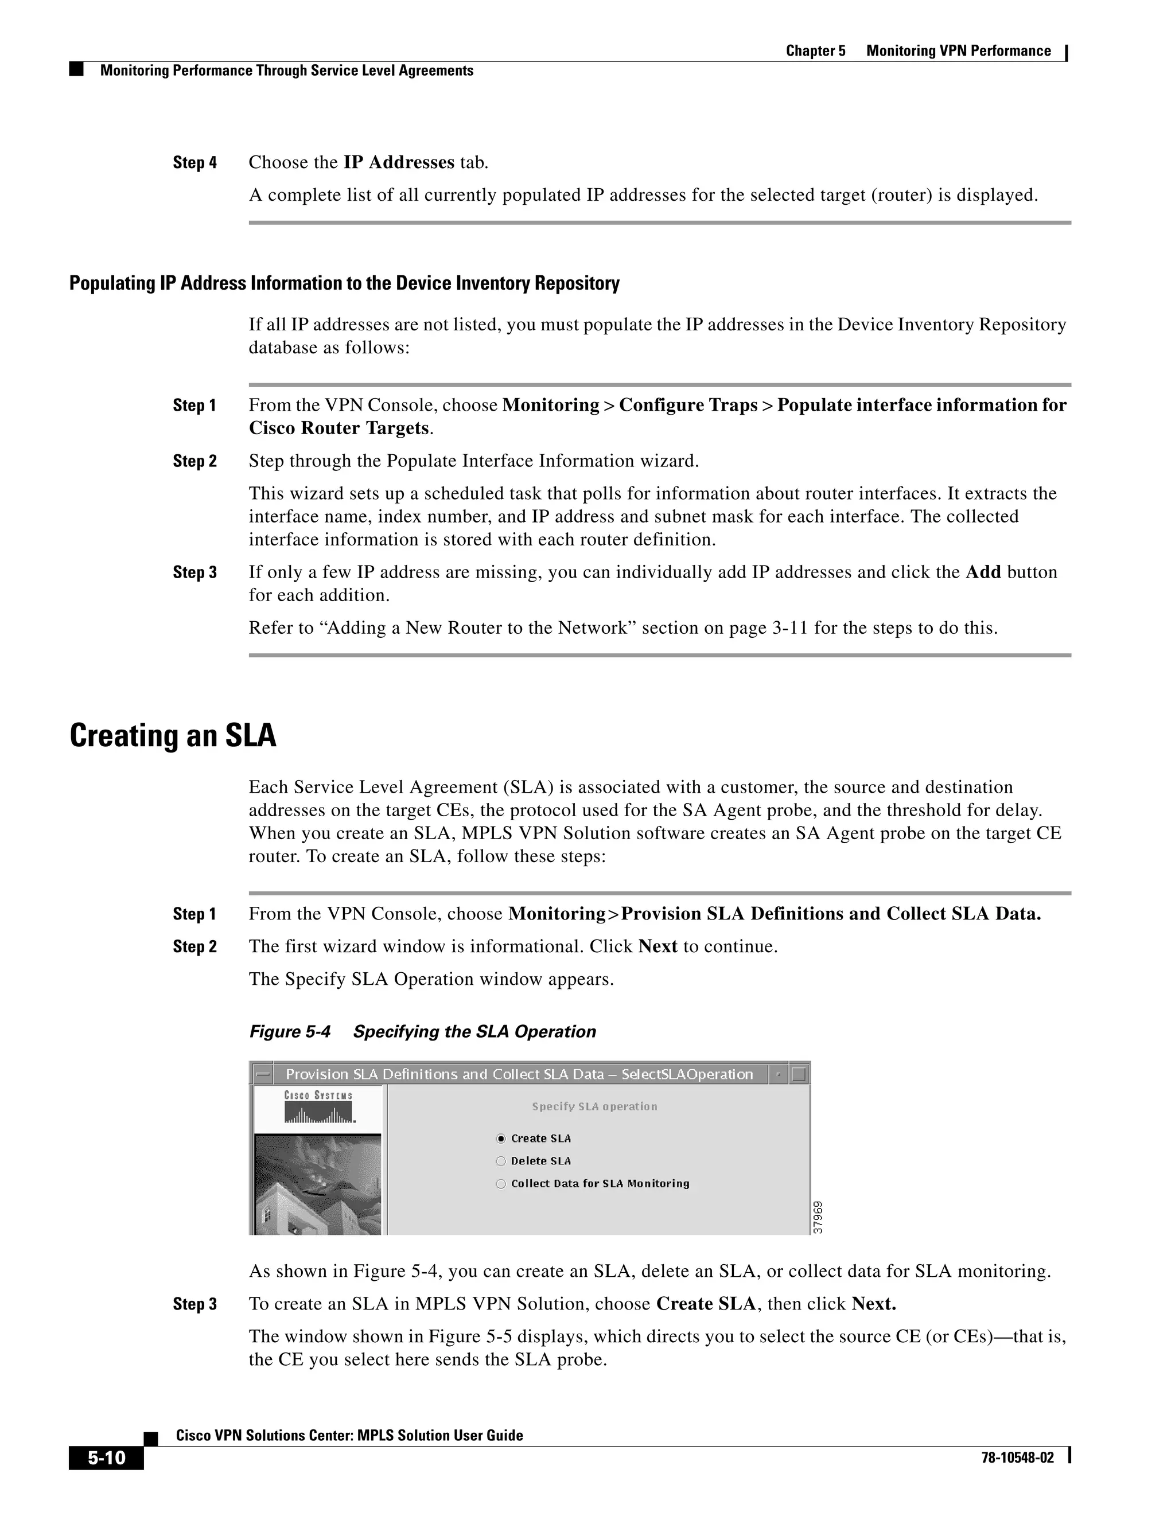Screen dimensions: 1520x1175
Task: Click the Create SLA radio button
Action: pos(500,1139)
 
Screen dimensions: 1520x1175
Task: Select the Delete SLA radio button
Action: pos(500,1161)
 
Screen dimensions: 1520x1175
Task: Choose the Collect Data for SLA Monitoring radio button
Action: pos(500,1184)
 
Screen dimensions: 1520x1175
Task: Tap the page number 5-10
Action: pos(106,1457)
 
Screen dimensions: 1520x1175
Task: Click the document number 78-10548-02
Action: pos(1017,1458)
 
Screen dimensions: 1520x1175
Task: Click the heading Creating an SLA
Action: pos(173,736)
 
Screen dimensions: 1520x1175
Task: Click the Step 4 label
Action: pos(195,163)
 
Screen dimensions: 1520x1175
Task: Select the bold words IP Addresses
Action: pos(399,162)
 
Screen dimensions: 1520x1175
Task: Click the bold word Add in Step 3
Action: pos(983,572)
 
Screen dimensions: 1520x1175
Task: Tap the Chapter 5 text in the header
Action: pos(815,51)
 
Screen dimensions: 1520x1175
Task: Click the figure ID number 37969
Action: pos(819,1217)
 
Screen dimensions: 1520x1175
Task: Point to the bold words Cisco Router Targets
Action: pos(339,428)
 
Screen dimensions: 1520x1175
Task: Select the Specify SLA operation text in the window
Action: pos(594,1106)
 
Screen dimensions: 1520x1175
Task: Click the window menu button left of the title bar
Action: pos(262,1074)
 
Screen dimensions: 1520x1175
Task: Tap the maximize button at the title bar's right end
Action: pos(799,1074)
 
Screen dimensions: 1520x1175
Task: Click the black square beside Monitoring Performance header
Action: pos(76,69)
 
